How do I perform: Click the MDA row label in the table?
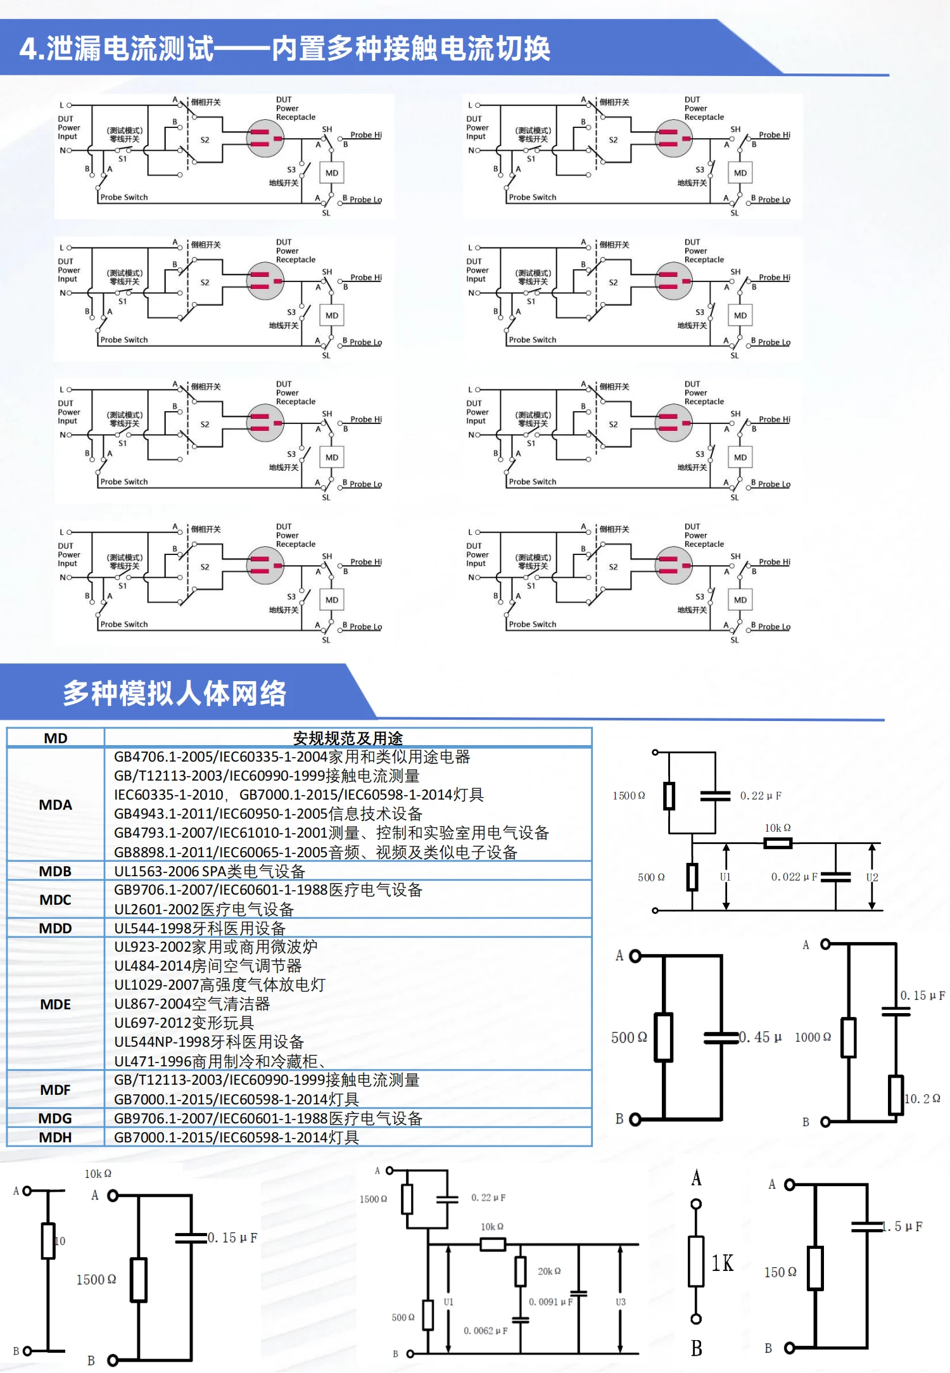point(56,805)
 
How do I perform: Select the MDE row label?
point(56,1004)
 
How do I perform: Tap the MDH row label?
point(56,1137)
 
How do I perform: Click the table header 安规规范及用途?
point(348,738)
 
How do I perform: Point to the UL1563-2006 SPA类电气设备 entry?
point(209,871)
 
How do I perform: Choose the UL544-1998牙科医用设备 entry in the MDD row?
point(199,928)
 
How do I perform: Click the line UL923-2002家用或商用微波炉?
point(215,947)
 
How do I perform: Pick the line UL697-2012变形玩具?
point(184,1023)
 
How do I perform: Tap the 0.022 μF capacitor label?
point(794,877)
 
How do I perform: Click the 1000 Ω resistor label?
point(813,1037)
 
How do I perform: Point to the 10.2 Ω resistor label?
point(922,1099)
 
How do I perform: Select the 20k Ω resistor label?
point(549,1271)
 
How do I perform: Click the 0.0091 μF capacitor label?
point(550,1301)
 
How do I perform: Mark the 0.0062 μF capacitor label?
point(485,1331)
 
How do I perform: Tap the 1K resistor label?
point(722,1263)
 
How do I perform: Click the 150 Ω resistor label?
point(780,1272)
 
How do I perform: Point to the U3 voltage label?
point(621,1302)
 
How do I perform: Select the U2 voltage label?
point(872,878)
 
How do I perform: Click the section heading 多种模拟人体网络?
point(175,693)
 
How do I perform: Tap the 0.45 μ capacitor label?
point(761,1037)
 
